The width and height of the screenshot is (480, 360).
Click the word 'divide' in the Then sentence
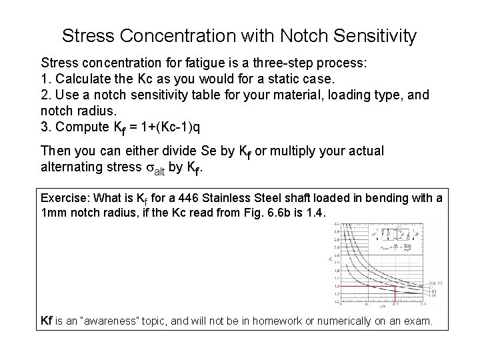pos(174,151)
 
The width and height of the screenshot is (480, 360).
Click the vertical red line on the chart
pos(396,297)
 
